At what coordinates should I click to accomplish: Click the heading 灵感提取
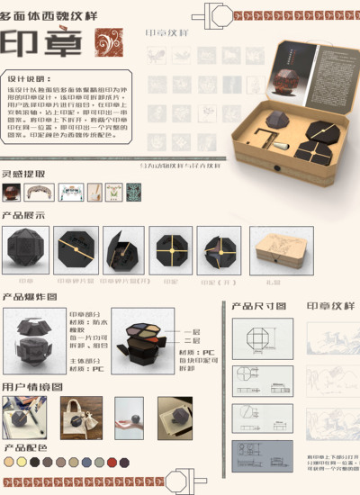pyautogui.click(x=23, y=174)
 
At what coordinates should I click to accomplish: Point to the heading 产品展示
pyautogui.click(x=23, y=216)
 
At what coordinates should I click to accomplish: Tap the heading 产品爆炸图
pyautogui.click(x=29, y=296)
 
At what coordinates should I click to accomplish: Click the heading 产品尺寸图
pyautogui.click(x=259, y=306)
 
